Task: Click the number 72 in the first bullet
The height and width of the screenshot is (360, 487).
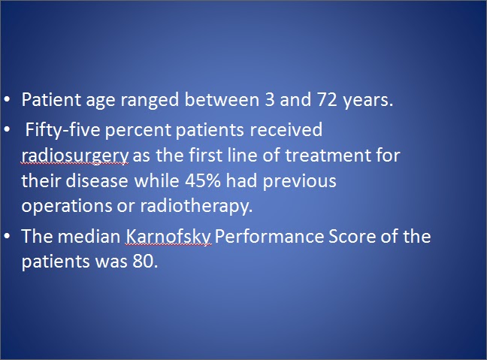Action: [x=327, y=100]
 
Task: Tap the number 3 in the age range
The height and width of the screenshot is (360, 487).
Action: [x=270, y=100]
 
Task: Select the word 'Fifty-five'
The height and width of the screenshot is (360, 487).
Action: [x=62, y=130]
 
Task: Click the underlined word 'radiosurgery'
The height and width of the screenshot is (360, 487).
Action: [x=74, y=156]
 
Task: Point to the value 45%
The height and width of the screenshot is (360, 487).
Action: [x=202, y=180]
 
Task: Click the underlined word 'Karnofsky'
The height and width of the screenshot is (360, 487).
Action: [x=168, y=237]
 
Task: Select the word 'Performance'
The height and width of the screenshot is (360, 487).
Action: [x=269, y=237]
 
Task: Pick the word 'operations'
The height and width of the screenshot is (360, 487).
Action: [x=67, y=207]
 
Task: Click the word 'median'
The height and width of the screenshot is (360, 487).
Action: [x=89, y=237]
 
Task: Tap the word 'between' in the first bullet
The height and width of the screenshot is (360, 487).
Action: [x=222, y=100]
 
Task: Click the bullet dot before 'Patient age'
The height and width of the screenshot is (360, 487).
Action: [x=7, y=99]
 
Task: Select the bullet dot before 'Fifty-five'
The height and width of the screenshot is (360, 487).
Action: [x=7, y=129]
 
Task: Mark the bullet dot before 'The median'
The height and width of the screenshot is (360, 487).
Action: [x=7, y=236]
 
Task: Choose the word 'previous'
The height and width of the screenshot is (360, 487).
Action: [x=299, y=181]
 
